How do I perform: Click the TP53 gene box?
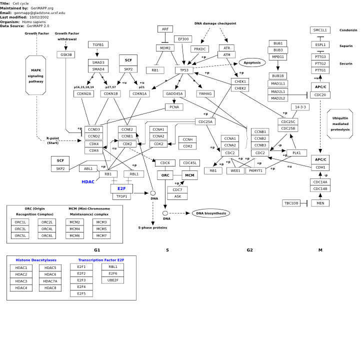[x=184, y=70]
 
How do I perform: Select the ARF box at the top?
[x=165, y=29]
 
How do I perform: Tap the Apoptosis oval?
[x=252, y=62]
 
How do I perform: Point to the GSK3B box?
[x=66, y=55]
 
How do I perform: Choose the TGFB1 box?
[x=98, y=44]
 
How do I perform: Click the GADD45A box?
[x=174, y=94]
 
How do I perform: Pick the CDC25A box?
[x=205, y=121]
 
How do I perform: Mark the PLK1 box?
[x=296, y=152]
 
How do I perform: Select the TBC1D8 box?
[x=291, y=203]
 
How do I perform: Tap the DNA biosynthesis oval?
[x=211, y=213]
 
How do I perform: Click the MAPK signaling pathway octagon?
[x=36, y=75]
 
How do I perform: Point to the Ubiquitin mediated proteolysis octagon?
[x=340, y=124]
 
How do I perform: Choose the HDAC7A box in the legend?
[x=50, y=281]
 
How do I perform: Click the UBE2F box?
[x=112, y=280]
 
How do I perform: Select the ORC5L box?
[x=20, y=235]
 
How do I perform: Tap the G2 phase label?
[x=249, y=250]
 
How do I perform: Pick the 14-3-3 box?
[x=300, y=107]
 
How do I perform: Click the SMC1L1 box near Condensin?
[x=320, y=30]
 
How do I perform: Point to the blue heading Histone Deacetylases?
[x=36, y=260]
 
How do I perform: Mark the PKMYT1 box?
[x=255, y=170]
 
